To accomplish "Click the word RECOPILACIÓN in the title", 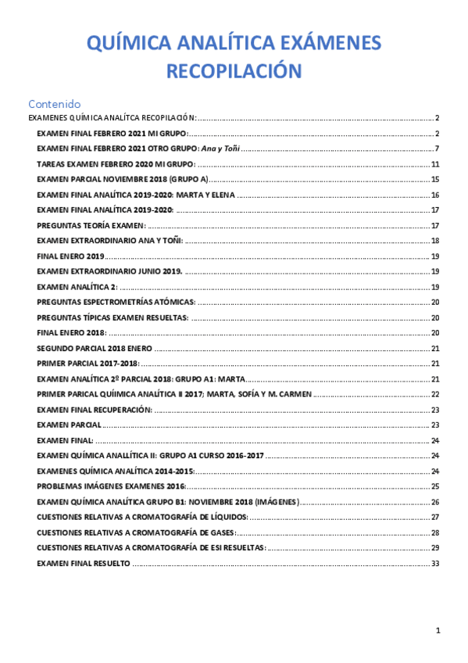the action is click(x=234, y=71).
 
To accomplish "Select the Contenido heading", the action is click(x=54, y=103).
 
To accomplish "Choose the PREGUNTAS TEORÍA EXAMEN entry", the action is click(x=91, y=225).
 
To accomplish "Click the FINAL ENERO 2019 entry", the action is click(x=70, y=256).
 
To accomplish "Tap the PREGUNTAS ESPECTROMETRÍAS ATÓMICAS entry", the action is click(x=116, y=302).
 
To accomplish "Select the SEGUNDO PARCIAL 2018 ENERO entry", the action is click(x=95, y=348).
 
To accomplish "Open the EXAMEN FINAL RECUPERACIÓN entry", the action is click(x=94, y=409).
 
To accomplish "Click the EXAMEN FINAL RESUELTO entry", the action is click(x=84, y=563).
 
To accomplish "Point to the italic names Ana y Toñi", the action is click(x=220, y=149).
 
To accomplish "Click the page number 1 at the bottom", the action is click(x=438, y=630).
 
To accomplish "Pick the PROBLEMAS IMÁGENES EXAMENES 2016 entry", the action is click(x=111, y=486).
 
